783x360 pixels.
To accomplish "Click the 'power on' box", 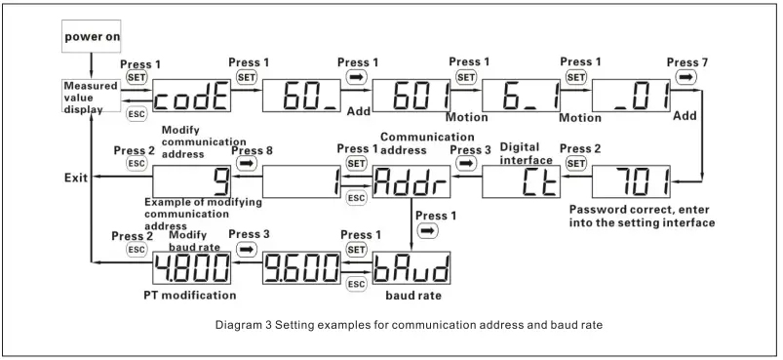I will pyautogui.click(x=93, y=36).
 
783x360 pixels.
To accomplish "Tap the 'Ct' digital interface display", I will pyautogui.click(x=520, y=181).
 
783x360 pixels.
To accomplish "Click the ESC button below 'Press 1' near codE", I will pyautogui.click(x=137, y=114).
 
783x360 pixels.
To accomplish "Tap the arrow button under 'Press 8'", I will pyautogui.click(x=246, y=165).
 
